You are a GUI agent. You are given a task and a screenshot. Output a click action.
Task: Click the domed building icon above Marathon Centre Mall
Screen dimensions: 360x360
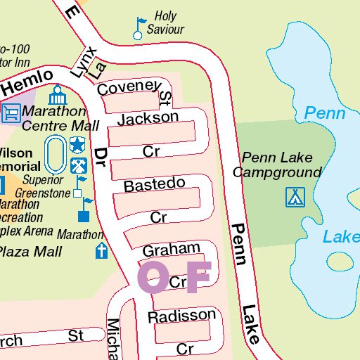click(x=56, y=94)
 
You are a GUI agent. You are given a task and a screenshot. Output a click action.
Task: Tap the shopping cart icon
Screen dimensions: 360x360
click(x=11, y=112)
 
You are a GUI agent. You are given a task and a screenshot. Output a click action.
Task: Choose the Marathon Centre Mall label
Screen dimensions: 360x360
click(x=60, y=119)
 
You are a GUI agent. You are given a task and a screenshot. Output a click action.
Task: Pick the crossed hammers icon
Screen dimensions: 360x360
click(x=77, y=166)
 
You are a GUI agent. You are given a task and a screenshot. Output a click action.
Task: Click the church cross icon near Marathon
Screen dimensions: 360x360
click(x=102, y=251)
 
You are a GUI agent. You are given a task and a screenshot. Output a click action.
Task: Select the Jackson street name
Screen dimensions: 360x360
click(x=148, y=118)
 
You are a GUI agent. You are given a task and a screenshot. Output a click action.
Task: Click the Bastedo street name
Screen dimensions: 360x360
click(x=154, y=185)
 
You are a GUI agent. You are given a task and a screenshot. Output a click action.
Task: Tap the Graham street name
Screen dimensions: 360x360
click(x=171, y=250)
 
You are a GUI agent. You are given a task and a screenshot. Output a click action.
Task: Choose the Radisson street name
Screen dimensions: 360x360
click(x=181, y=316)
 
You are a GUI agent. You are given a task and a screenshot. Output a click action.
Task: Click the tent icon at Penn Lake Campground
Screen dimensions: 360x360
click(x=295, y=197)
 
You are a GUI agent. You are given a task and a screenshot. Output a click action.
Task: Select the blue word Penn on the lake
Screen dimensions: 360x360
click(x=324, y=113)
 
